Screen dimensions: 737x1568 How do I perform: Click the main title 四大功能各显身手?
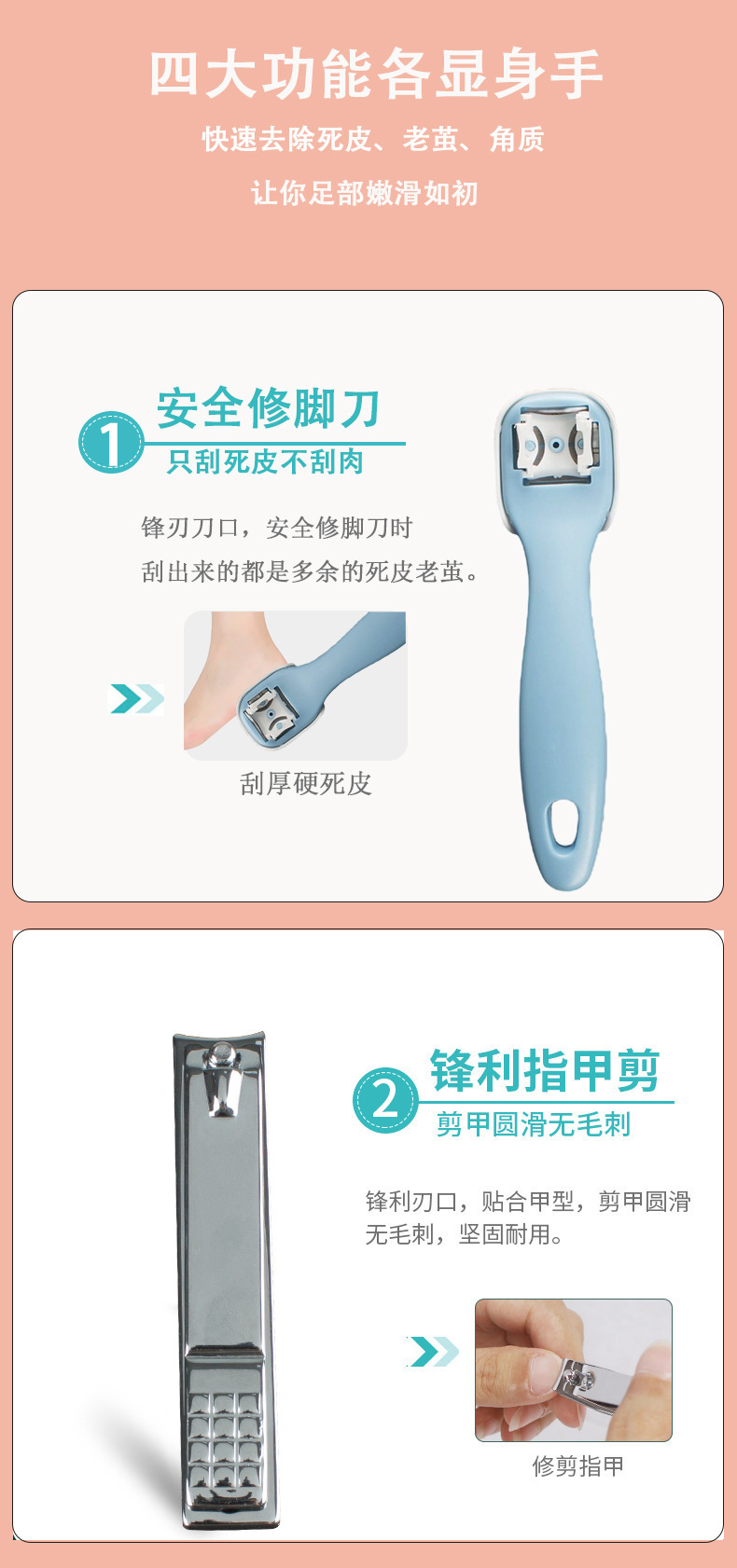pyautogui.click(x=376, y=75)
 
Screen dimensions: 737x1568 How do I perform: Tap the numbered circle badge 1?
pyautogui.click(x=111, y=443)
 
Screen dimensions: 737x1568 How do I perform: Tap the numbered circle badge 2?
pyautogui.click(x=385, y=1100)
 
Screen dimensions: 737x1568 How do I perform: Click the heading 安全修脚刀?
pyautogui.click(x=269, y=408)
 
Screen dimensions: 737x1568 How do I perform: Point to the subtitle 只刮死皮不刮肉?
pyautogui.click(x=266, y=461)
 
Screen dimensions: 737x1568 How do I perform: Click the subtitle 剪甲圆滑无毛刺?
pyautogui.click(x=534, y=1124)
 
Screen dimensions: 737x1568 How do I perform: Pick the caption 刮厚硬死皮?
pyautogui.click(x=305, y=784)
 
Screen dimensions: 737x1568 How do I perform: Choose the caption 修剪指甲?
pyautogui.click(x=578, y=1465)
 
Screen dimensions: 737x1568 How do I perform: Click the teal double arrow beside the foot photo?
pyautogui.click(x=136, y=698)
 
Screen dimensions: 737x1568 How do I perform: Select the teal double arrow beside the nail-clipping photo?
pyautogui.click(x=432, y=1351)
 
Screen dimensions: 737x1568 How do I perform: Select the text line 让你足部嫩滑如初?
pyautogui.click(x=364, y=193)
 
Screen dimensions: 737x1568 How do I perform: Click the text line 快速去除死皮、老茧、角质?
pyautogui.click(x=373, y=139)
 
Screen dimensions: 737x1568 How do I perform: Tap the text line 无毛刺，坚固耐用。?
pyautogui.click(x=465, y=1234)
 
